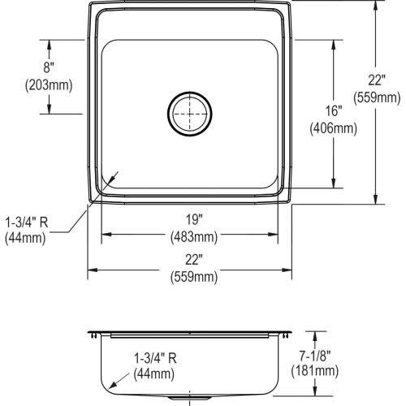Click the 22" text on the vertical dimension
pyautogui.click(x=375, y=82)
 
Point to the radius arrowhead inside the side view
pyautogui.click(x=114, y=382)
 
